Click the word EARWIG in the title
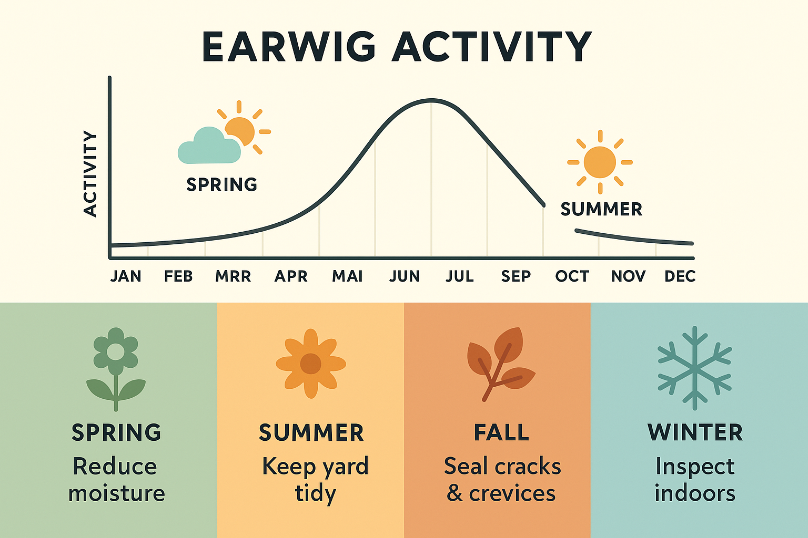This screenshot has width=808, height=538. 289,47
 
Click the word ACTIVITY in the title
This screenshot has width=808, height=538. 492,47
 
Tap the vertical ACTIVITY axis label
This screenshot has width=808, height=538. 90,174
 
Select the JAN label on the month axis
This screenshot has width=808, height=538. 126,276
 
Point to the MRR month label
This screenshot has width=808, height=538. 233,276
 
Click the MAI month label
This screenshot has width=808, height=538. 347,276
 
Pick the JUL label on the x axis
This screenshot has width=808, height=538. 460,276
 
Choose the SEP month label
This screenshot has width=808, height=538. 516,276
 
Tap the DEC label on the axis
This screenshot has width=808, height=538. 680,276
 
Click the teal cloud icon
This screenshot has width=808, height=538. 209,146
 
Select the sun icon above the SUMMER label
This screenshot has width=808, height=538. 600,162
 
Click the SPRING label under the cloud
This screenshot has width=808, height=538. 221,184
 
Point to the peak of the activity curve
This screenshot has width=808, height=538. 431,100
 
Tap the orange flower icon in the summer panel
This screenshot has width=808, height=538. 311,364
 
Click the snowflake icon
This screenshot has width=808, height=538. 695,368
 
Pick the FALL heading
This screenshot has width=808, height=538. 501,432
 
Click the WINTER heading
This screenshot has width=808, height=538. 695,432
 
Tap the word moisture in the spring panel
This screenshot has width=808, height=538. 116,493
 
